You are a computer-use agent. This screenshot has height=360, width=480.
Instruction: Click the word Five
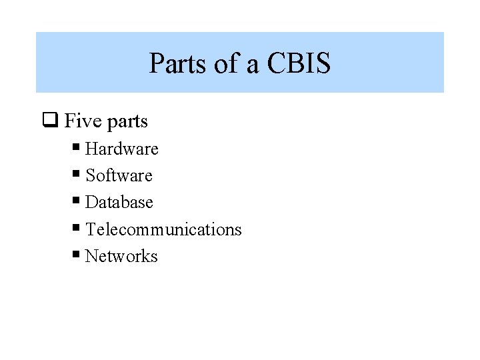[x=83, y=121]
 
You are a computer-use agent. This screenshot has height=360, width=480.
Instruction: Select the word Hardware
[x=122, y=149]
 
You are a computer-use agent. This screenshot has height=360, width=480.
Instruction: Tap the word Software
[x=119, y=175]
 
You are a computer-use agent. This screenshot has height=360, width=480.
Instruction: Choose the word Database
[x=119, y=202]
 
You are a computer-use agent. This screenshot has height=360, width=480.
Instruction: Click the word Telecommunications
[x=163, y=229]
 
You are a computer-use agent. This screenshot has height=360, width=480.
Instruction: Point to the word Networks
[x=121, y=256]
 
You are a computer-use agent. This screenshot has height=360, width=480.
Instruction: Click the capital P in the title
[x=155, y=64]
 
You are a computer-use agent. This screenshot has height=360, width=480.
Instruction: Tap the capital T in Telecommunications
[x=91, y=229]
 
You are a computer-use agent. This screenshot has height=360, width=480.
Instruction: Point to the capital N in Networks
[x=91, y=256]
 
